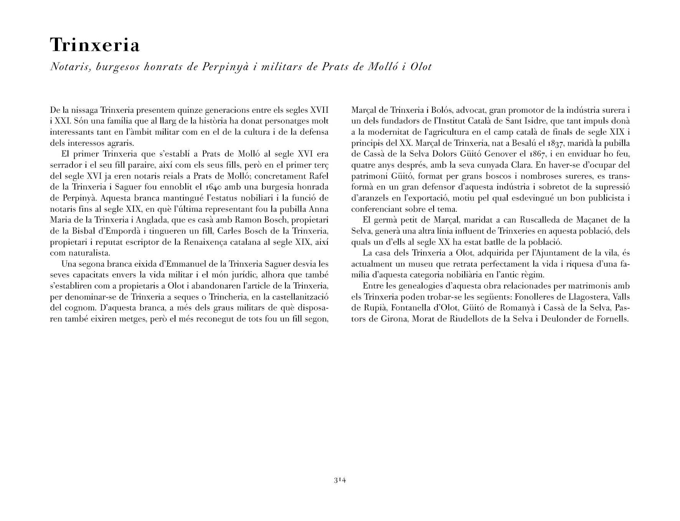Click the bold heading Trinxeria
95,45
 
